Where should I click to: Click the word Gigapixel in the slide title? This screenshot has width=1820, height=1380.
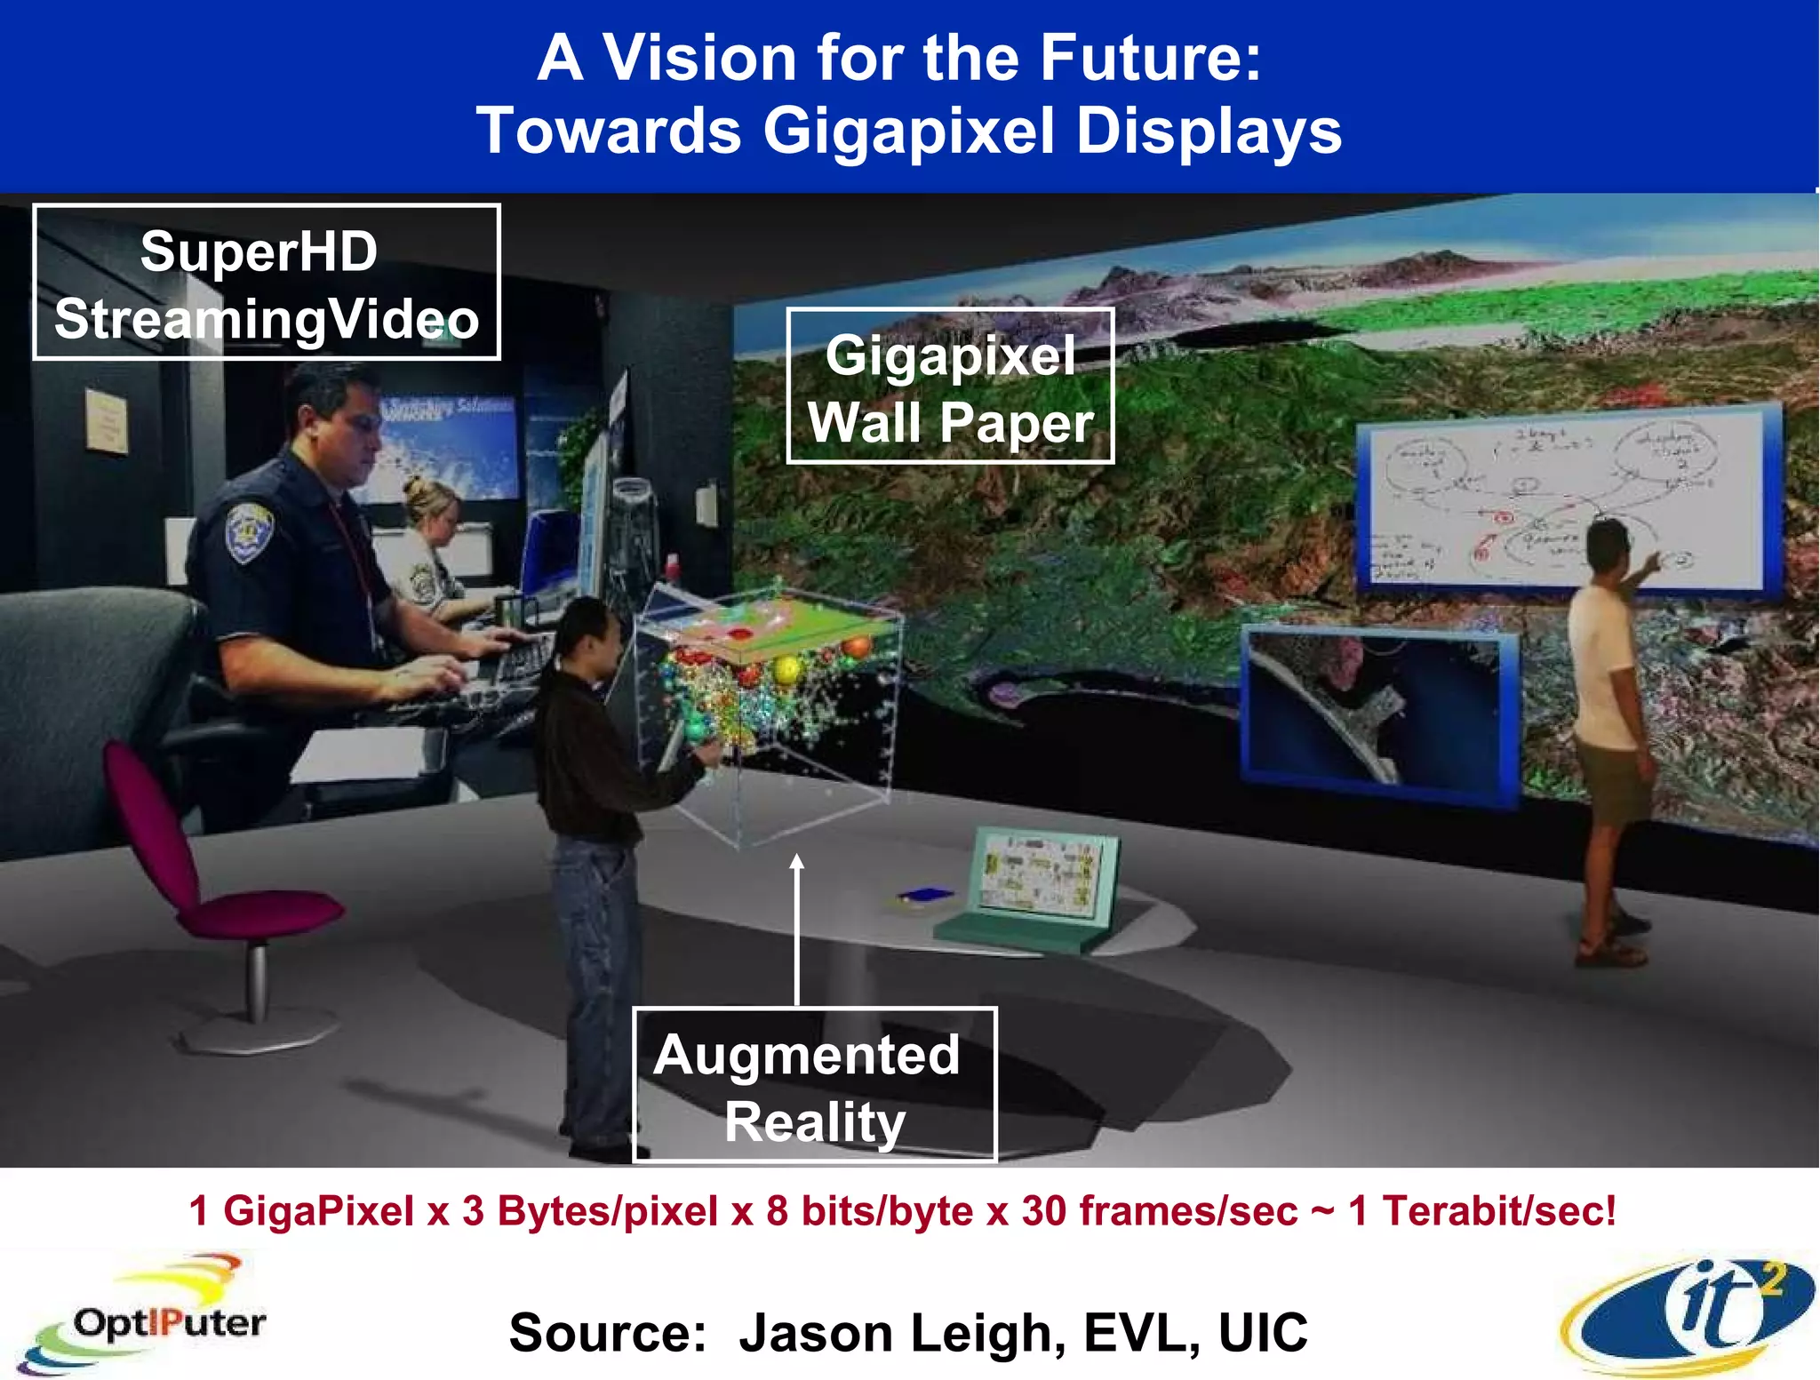click(909, 132)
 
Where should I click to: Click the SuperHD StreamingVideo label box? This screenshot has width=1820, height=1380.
click(267, 283)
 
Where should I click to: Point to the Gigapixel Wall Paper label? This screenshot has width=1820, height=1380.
click(950, 387)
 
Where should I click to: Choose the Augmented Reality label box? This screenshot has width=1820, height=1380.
click(814, 1085)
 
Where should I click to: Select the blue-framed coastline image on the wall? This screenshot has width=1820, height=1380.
click(1377, 711)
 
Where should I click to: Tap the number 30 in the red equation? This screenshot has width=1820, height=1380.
click(1043, 1210)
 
